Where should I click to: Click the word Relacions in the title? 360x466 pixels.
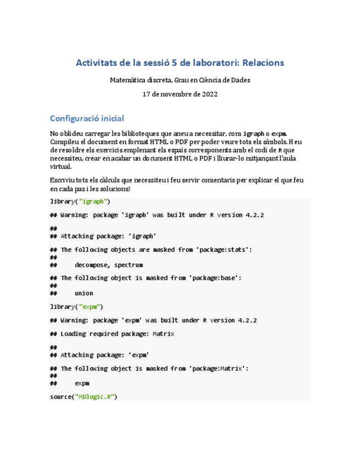coord(262,63)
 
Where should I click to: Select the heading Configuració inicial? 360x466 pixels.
coord(87,118)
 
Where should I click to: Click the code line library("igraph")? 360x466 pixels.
coord(80,201)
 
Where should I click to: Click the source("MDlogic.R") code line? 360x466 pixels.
coord(84,396)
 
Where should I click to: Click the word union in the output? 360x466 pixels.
coord(84,293)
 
